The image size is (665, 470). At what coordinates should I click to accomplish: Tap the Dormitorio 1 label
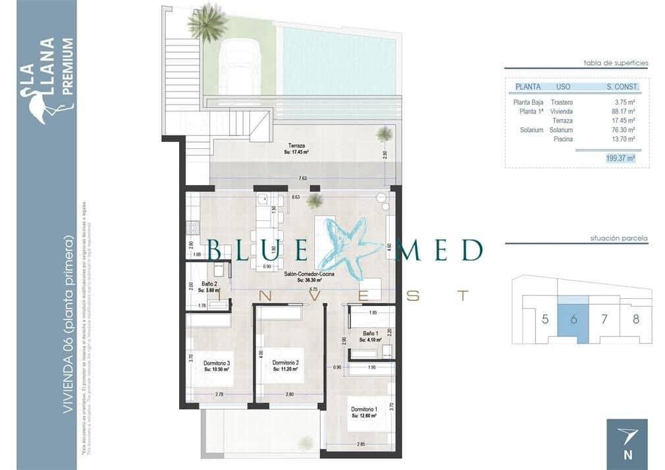[364, 409]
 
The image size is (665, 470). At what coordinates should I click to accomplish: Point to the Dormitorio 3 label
[216, 363]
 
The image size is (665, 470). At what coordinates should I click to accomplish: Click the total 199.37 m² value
[621, 158]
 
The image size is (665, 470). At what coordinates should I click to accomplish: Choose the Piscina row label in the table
[563, 140]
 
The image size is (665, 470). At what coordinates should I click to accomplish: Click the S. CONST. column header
[622, 86]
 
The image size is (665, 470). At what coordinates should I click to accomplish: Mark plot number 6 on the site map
[573, 320]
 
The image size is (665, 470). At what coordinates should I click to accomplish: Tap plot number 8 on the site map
[635, 320]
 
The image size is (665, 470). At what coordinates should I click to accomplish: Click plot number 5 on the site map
[545, 320]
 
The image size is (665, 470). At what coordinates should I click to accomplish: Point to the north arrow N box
[626, 440]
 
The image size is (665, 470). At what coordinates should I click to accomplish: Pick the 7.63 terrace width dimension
[302, 178]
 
